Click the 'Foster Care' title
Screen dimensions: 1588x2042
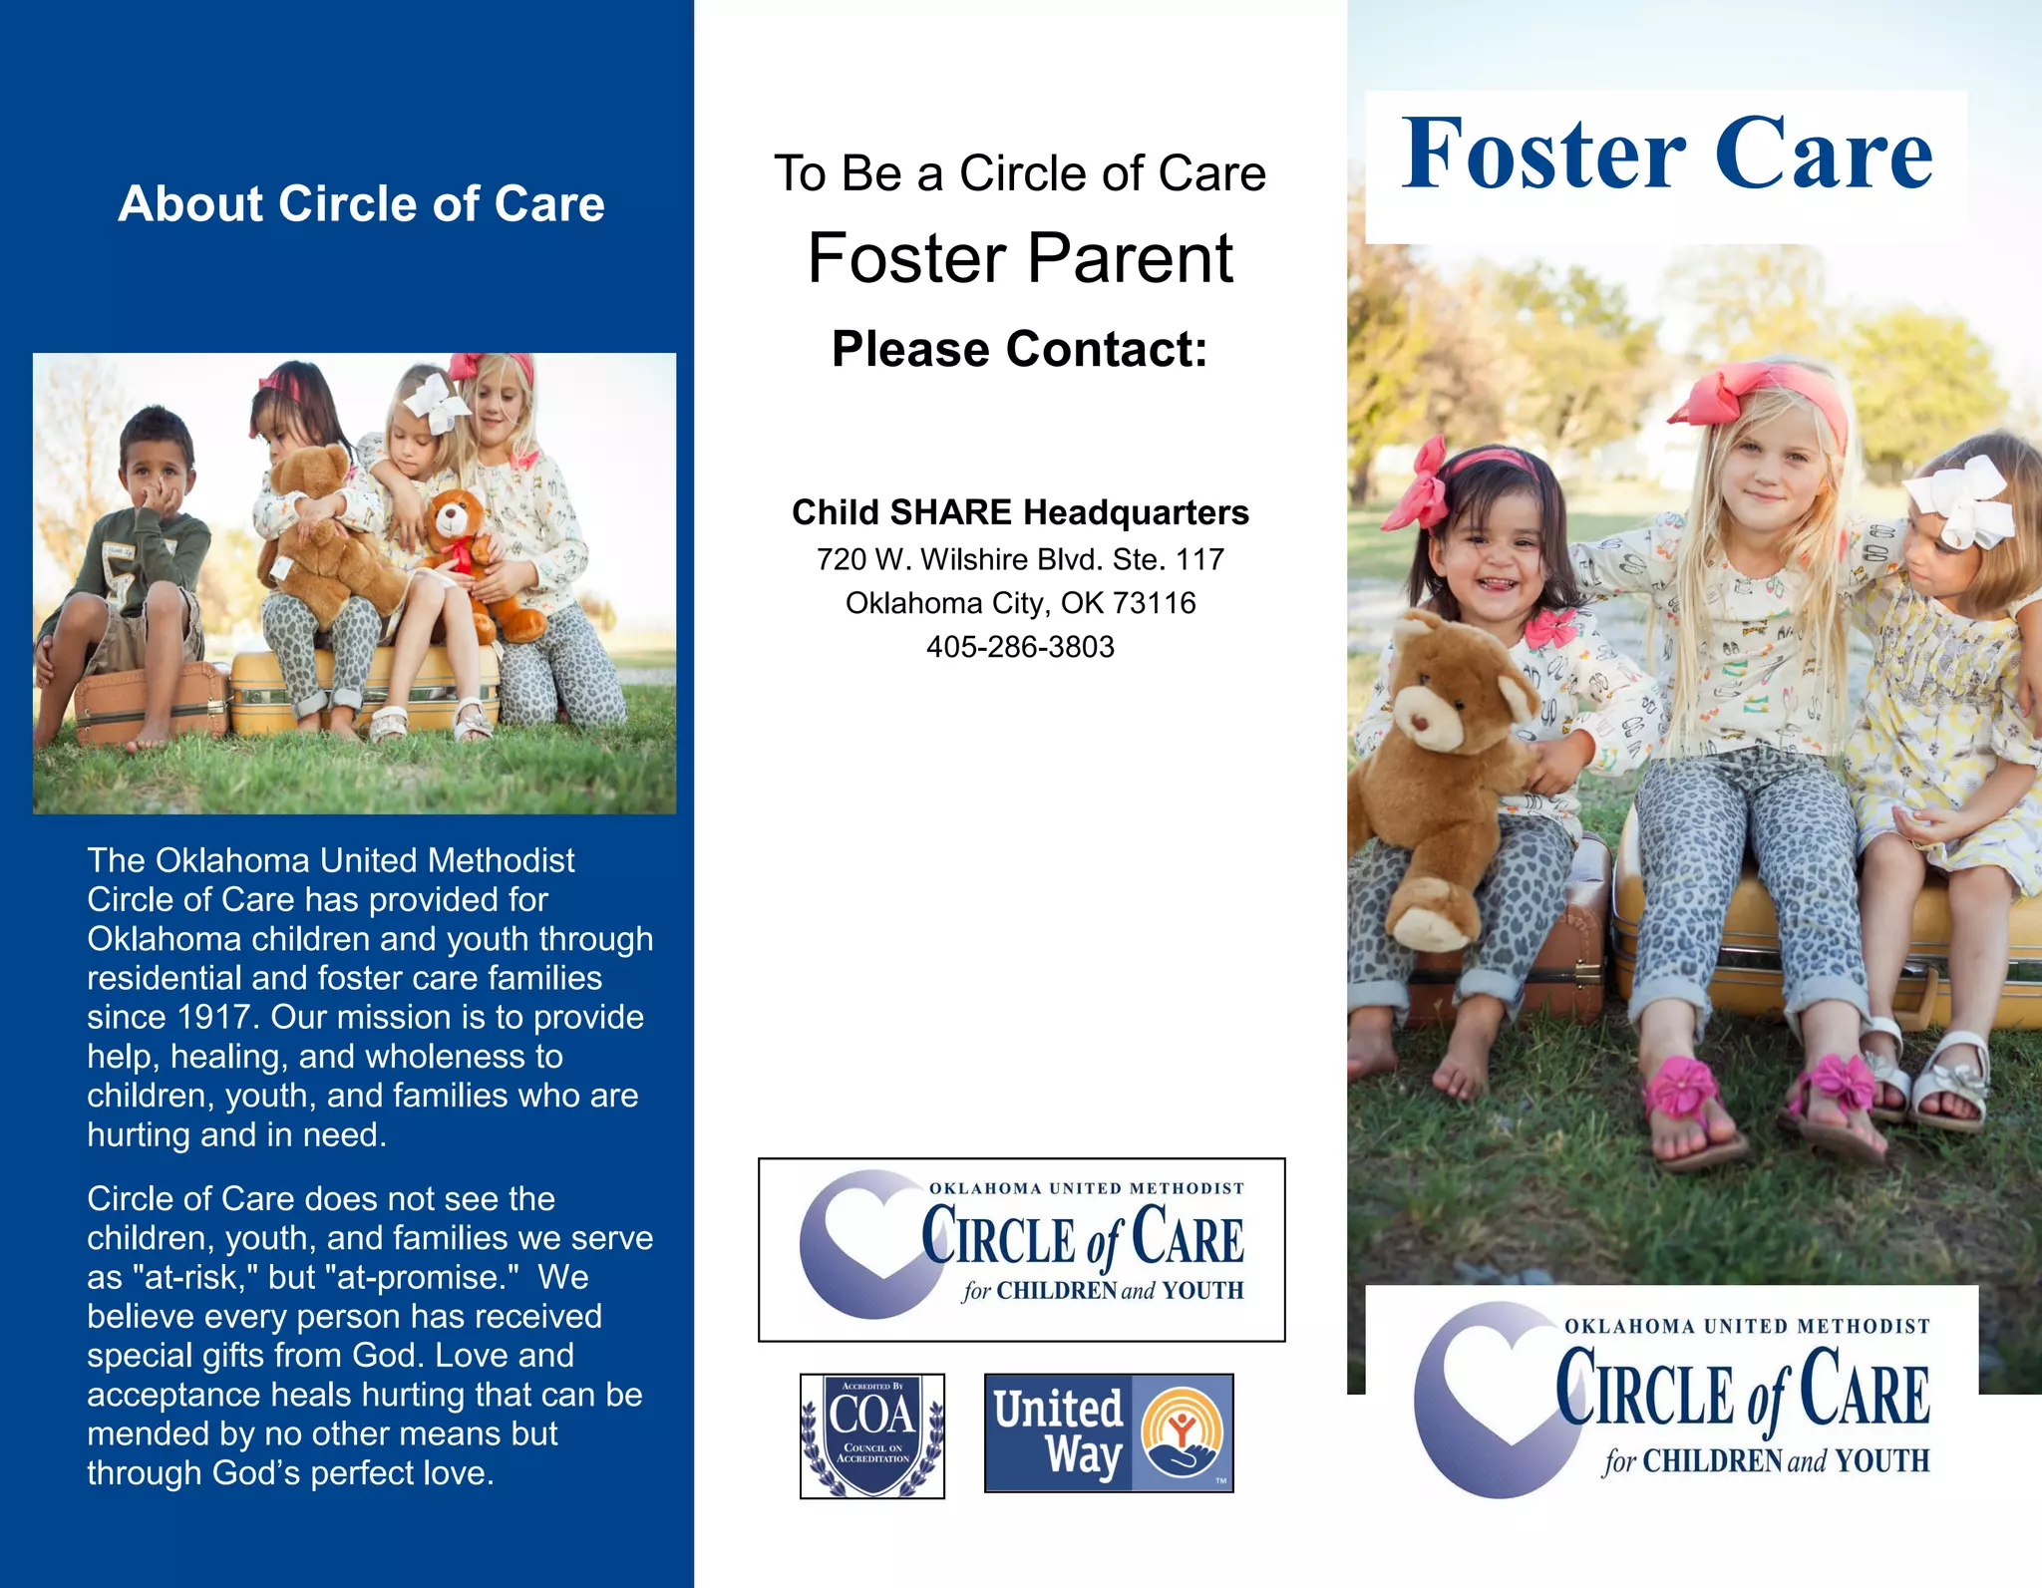coord(1666,155)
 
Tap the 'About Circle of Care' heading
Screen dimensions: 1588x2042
coord(361,204)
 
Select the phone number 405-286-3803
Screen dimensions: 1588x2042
coord(1020,647)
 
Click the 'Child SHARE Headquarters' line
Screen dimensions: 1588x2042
coord(1020,512)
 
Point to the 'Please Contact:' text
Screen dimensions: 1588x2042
coord(1020,350)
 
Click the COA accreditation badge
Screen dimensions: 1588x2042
coord(872,1435)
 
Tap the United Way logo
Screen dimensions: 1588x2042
coord(1109,1432)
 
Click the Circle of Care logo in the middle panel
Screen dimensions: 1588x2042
coord(1021,1249)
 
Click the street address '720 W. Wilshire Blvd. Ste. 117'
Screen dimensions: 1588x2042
coord(1020,559)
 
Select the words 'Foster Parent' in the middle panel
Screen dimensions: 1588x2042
coord(1020,259)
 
